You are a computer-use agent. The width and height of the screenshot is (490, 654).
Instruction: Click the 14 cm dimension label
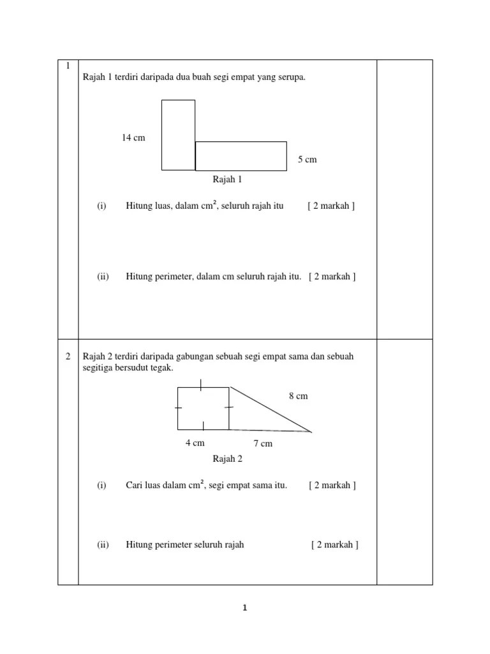133,138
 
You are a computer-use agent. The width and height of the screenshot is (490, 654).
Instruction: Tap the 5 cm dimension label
307,159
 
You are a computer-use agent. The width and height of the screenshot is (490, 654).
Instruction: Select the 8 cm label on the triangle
298,396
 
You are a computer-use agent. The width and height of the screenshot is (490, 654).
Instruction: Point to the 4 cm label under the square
195,443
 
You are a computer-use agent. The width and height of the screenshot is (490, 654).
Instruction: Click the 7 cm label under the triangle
263,443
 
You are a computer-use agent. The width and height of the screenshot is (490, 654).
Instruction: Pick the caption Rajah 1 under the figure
228,179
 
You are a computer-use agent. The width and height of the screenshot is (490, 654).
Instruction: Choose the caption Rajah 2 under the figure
228,459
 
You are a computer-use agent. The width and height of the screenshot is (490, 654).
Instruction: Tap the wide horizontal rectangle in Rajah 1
241,156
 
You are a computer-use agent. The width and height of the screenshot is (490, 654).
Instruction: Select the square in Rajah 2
203,408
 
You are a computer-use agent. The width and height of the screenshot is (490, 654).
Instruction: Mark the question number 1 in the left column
67,66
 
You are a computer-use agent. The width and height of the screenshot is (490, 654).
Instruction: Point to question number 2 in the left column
68,356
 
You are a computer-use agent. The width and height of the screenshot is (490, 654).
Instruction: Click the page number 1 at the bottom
244,608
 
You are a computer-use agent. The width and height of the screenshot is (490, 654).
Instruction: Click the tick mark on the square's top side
201,384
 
